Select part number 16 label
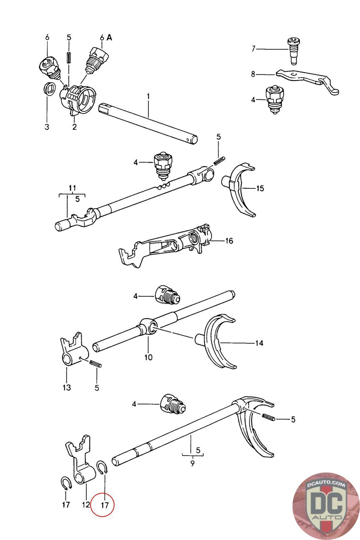229,241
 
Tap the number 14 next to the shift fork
259,343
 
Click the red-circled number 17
105,505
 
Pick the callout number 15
260,188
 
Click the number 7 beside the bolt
254,49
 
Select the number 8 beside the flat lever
253,74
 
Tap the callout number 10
148,357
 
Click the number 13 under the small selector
67,387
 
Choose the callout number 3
47,127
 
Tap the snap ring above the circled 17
102,468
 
